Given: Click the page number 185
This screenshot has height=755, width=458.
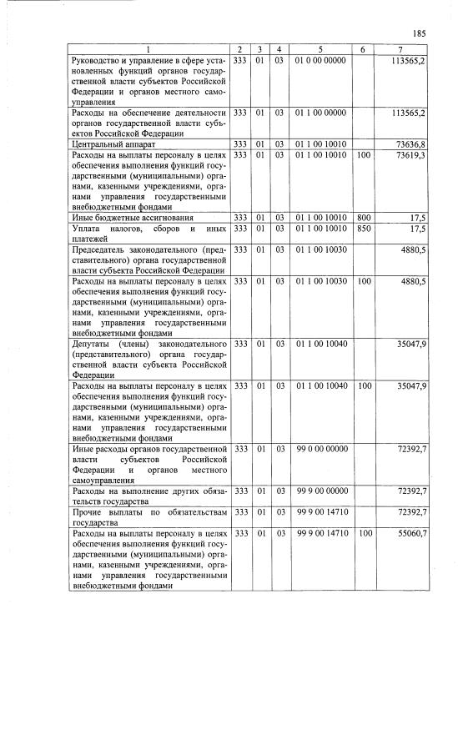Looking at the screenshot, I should [419, 33].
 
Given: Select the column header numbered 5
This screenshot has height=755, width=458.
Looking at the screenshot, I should [320, 50].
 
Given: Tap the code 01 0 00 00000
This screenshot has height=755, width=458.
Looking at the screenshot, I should [320, 62].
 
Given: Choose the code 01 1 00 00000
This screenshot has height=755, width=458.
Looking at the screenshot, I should [320, 112].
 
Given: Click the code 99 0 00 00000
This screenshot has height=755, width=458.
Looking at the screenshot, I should [320, 450].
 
